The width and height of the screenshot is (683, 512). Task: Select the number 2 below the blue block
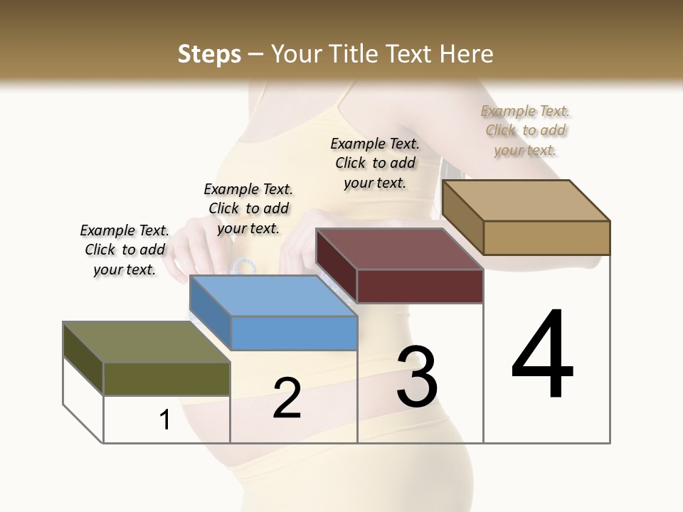pos(287,398)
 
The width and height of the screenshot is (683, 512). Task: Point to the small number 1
pos(165,420)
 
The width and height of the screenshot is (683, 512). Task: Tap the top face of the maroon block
pos(399,249)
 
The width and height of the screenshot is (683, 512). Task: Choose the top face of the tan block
pos(526,201)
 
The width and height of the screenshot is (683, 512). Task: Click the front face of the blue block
pos(294,333)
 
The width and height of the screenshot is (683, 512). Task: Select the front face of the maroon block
pos(420,287)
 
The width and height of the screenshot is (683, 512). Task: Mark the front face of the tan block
pos(546,238)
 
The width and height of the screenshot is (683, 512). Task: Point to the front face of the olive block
pos(167,378)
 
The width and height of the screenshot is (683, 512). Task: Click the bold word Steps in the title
pos(209,54)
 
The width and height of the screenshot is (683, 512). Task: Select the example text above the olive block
pos(125,250)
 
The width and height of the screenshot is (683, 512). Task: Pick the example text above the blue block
pos(248,208)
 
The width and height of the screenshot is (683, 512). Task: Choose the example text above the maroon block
pos(375,163)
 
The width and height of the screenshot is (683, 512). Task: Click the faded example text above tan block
pos(525,130)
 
